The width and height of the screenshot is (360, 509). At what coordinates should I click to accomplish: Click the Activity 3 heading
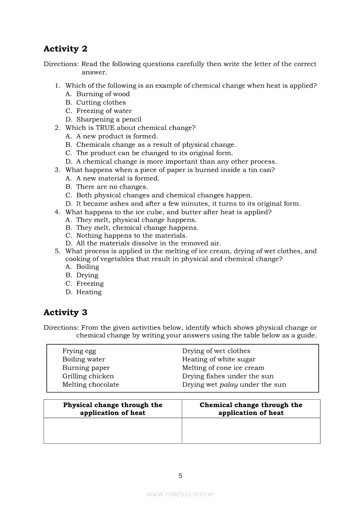(x=65, y=313)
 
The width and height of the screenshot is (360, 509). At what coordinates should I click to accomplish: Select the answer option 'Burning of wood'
(x=103, y=94)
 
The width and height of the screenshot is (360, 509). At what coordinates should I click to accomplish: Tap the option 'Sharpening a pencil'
(x=109, y=119)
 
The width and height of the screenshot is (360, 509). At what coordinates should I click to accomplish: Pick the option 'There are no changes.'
(x=112, y=187)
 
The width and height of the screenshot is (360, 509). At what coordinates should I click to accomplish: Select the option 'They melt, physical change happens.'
(x=136, y=220)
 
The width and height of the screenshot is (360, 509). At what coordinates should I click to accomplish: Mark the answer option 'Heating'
(x=89, y=292)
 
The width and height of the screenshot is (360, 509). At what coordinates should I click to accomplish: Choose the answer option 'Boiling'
(x=88, y=267)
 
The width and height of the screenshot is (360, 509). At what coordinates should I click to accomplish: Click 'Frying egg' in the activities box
(x=79, y=351)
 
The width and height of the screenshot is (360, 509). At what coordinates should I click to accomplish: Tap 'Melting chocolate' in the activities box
(x=91, y=384)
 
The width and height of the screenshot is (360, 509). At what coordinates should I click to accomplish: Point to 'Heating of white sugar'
(x=219, y=359)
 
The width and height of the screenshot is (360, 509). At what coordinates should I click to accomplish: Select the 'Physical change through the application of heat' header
(x=112, y=409)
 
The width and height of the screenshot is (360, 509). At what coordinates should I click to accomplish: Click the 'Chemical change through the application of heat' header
(x=251, y=409)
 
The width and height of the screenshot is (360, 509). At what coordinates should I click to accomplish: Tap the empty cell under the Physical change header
(x=112, y=431)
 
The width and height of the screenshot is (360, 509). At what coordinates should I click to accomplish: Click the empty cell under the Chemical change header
(x=251, y=431)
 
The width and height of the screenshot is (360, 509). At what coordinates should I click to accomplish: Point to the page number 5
(x=180, y=476)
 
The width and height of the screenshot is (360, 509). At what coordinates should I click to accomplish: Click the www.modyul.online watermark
(x=180, y=494)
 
